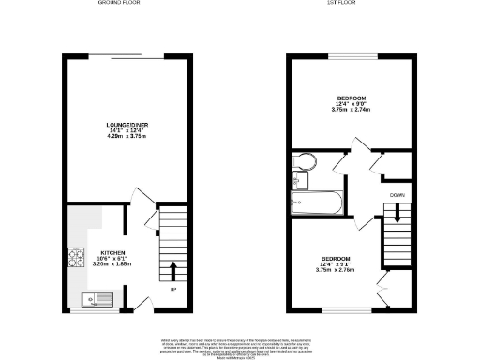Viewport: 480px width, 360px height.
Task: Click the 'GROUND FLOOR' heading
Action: click(120, 4)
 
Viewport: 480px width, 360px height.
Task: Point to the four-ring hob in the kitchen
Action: click(76, 257)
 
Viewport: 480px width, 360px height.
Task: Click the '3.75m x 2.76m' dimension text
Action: click(337, 272)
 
